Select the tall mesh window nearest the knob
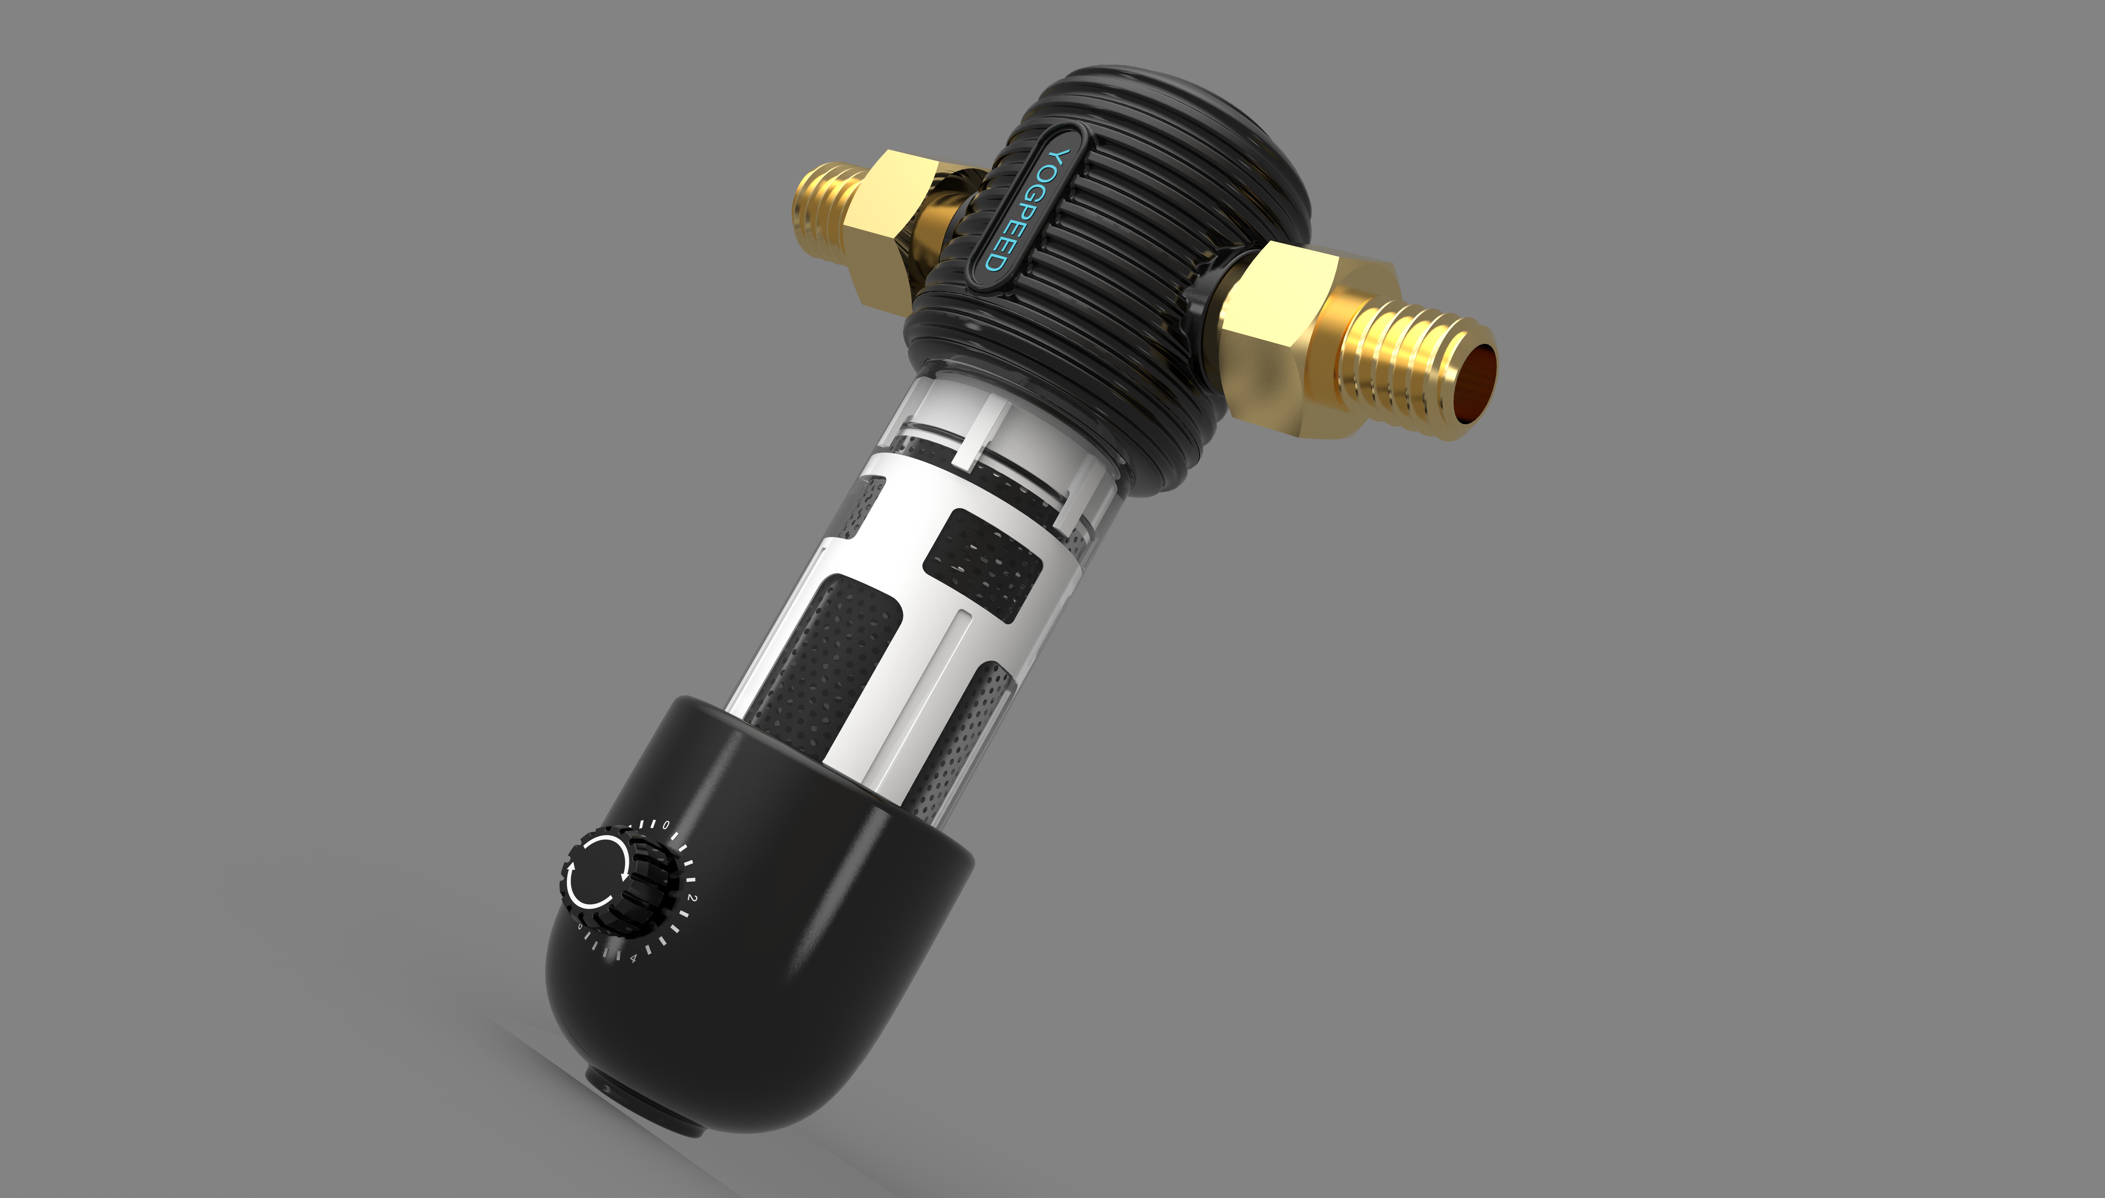[827, 658]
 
